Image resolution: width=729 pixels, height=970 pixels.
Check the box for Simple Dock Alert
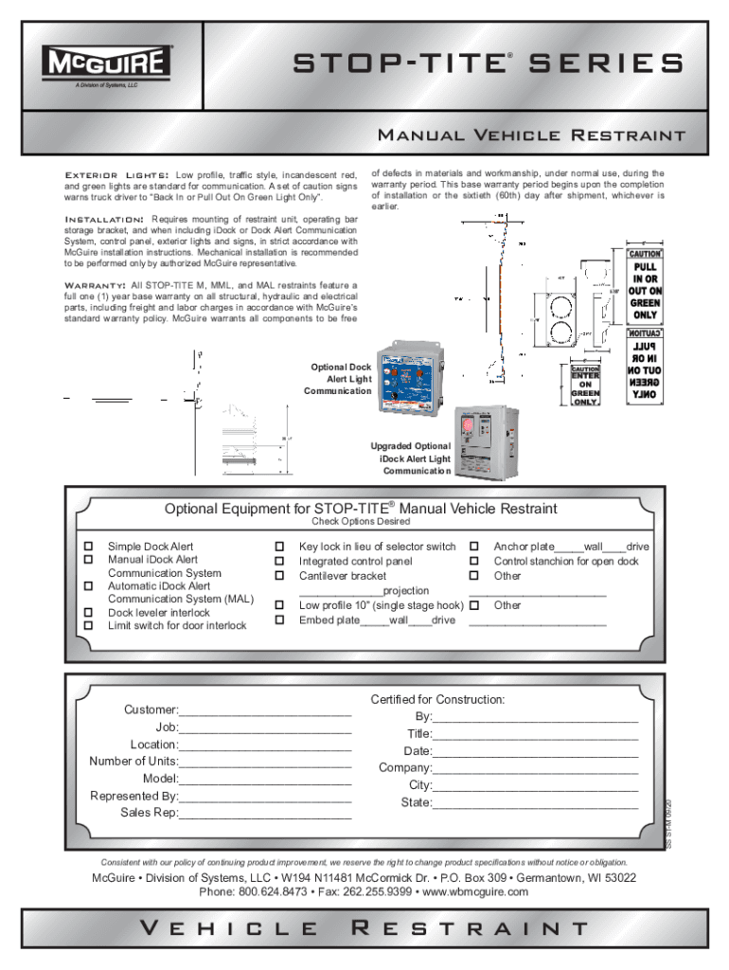point(88,547)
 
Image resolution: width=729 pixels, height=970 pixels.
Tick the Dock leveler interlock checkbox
point(88,612)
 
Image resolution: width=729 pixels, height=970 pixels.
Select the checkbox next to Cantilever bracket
point(280,575)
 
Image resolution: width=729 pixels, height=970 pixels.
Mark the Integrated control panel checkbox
point(280,561)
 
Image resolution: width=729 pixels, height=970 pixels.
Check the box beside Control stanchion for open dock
point(475,561)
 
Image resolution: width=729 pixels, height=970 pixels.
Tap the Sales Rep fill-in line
point(265,814)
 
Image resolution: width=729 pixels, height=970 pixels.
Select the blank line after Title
point(535,735)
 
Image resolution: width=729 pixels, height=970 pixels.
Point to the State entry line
point(535,804)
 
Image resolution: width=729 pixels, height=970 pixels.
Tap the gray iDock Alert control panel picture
point(484,445)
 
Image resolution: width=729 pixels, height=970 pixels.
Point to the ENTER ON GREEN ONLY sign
point(585,386)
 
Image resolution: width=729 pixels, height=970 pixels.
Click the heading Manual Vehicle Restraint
point(531,135)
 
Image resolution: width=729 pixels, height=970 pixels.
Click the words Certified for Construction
point(437,699)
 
